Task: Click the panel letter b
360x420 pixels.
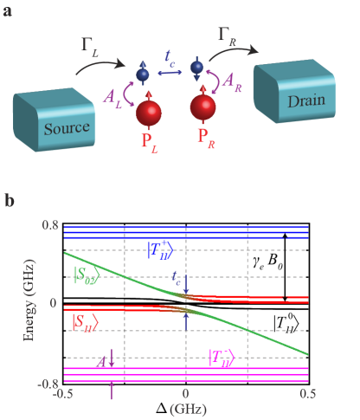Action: coord(9,201)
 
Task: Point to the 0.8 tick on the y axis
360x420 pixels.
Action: coord(49,225)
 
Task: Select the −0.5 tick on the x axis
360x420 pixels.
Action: coord(62,393)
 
